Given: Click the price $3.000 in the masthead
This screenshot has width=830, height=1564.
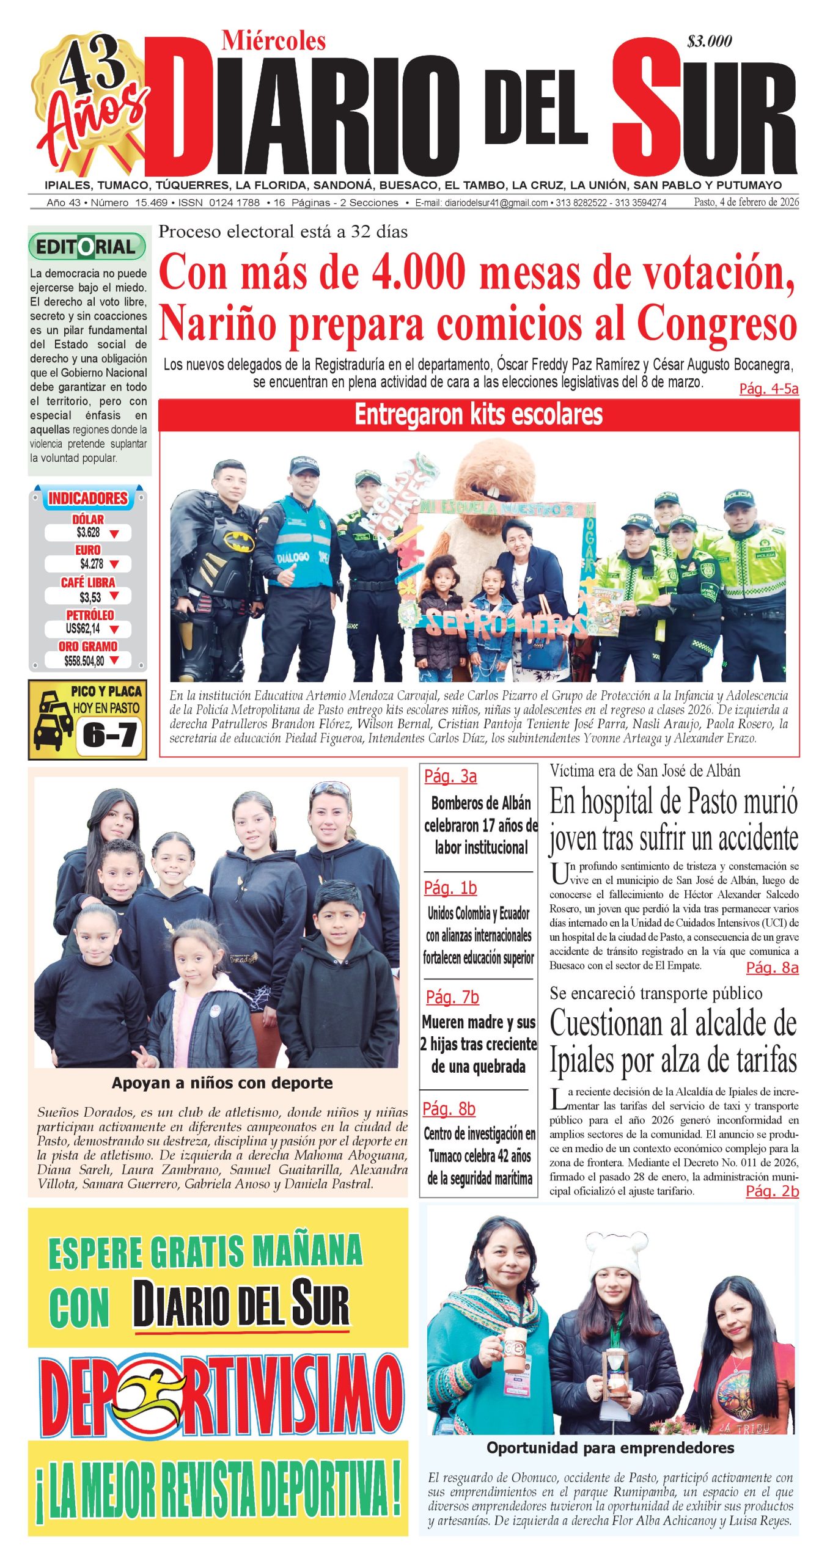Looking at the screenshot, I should coord(709,42).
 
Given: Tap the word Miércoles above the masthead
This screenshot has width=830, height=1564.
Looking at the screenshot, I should coord(273,41).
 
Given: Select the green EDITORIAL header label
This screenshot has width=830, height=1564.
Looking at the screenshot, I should coord(87,247).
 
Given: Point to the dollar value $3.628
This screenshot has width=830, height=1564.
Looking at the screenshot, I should coord(89,533).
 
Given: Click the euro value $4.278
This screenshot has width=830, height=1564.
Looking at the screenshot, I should coord(91,564).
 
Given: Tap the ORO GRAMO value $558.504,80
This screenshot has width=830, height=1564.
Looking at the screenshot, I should coord(84,660).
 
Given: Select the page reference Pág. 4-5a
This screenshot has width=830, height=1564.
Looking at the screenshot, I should coord(768,389).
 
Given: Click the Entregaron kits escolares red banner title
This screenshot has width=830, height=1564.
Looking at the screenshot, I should coord(479,415).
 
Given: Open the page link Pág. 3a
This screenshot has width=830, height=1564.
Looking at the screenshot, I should coord(450,776).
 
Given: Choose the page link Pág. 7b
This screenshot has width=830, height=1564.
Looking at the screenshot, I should coord(452,997).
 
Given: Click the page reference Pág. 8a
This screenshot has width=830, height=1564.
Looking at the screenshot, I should coord(772,968).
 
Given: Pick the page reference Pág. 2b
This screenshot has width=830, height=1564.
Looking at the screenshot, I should coord(772,1191).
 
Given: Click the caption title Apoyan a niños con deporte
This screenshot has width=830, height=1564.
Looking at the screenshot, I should coord(222,1083).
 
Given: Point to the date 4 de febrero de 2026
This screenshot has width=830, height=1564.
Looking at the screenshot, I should coord(746,202).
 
